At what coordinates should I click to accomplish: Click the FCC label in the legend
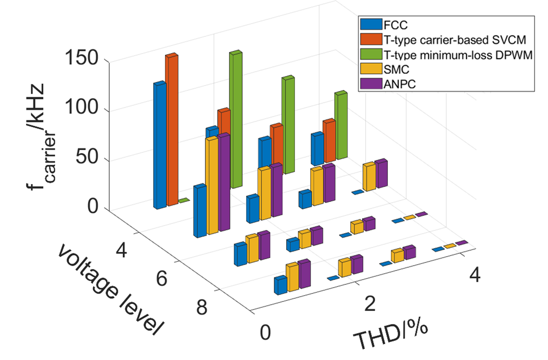pyautogui.click(x=395, y=25)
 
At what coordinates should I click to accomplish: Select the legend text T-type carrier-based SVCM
pyautogui.click(x=454, y=40)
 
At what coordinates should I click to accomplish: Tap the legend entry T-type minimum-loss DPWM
pyautogui.click(x=458, y=55)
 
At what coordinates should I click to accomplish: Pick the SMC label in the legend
pyautogui.click(x=396, y=70)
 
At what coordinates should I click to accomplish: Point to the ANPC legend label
pyautogui.click(x=399, y=84)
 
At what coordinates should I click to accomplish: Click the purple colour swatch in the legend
pyautogui.click(x=371, y=84)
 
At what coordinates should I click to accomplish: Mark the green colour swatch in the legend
pyautogui.click(x=371, y=54)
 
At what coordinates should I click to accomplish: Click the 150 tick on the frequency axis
pyautogui.click(x=81, y=58)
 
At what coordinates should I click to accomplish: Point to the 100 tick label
pyautogui.click(x=81, y=108)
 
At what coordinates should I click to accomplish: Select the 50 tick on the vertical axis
pyautogui.click(x=87, y=157)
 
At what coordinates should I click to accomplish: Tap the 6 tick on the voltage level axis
pyautogui.click(x=162, y=279)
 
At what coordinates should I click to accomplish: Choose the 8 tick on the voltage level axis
pyautogui.click(x=202, y=307)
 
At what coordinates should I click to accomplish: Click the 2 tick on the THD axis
pyautogui.click(x=370, y=304)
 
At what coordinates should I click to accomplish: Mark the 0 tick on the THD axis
pyautogui.click(x=265, y=333)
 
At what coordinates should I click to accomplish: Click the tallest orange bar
pyautogui.click(x=172, y=129)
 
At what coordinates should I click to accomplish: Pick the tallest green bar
pyautogui.click(x=236, y=118)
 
